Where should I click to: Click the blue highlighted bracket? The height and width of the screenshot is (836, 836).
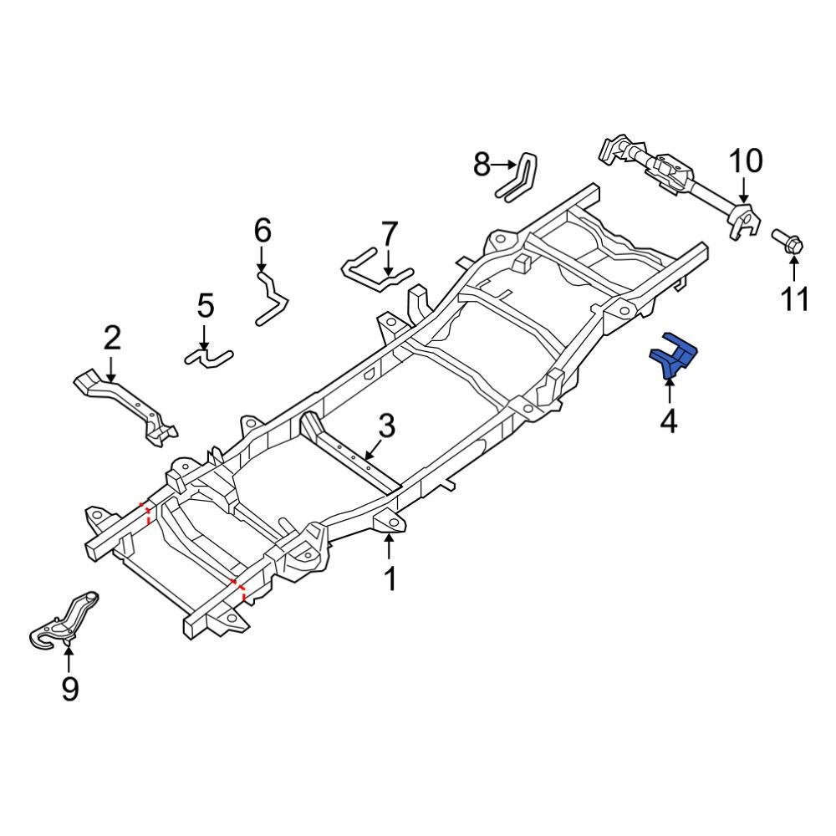point(674,356)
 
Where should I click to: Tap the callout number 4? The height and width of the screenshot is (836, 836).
point(668,421)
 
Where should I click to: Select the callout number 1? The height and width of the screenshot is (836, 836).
point(390,578)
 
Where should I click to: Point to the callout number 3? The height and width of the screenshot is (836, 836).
point(385,426)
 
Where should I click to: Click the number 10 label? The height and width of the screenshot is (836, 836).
point(746,161)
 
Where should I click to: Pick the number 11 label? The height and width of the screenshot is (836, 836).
point(794,298)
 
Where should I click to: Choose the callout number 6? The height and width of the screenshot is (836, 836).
point(263,228)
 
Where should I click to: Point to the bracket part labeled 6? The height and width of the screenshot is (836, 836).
point(271,297)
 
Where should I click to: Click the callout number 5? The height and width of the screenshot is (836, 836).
point(206,306)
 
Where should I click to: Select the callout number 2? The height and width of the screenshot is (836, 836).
point(112,338)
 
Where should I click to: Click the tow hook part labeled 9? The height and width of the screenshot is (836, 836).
point(64,622)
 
